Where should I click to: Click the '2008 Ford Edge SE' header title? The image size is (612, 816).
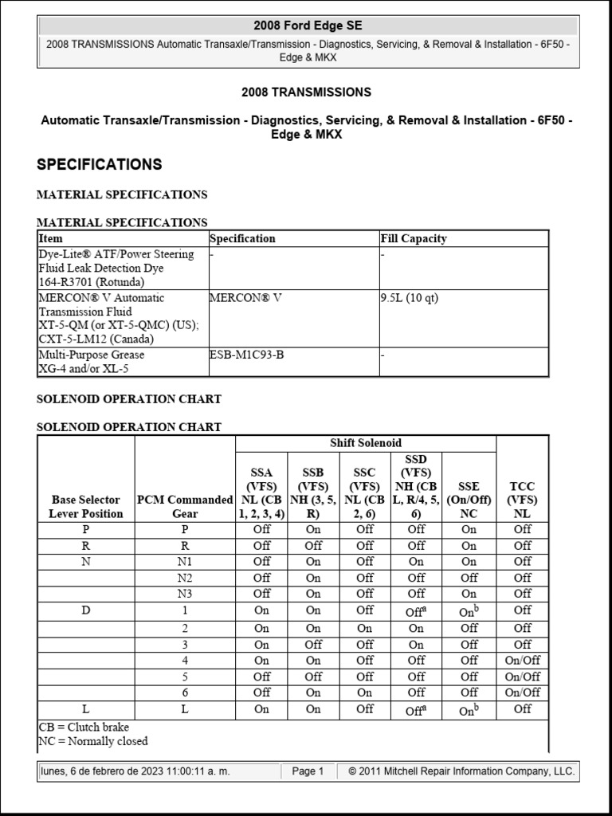coord(308,25)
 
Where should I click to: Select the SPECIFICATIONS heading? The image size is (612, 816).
coord(100,165)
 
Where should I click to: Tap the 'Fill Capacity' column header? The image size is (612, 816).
coord(413,238)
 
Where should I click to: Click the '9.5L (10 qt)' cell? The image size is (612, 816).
coord(410,298)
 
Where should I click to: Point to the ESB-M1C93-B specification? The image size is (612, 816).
coord(246,355)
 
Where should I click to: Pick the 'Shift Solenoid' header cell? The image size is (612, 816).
coord(366,443)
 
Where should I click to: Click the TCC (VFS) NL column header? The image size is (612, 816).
coord(522,500)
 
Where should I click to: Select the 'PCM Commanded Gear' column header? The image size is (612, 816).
coord(185,506)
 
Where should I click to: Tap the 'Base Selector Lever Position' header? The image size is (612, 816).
coord(86,506)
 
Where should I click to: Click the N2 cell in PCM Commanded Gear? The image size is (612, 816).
coord(185,578)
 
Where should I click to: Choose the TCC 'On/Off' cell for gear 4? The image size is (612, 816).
coord(522,660)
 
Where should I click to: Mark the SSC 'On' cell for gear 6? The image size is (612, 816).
coord(365,692)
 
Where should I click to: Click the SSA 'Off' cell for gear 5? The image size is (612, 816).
coord(261,677)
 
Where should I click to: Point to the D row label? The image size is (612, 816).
coord(86,610)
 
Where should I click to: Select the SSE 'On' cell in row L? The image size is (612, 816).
coord(469,709)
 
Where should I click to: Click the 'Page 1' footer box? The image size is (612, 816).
coord(308,771)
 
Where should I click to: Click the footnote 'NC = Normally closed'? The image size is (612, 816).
coord(93,741)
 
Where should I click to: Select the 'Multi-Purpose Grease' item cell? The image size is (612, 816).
coord(92,355)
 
